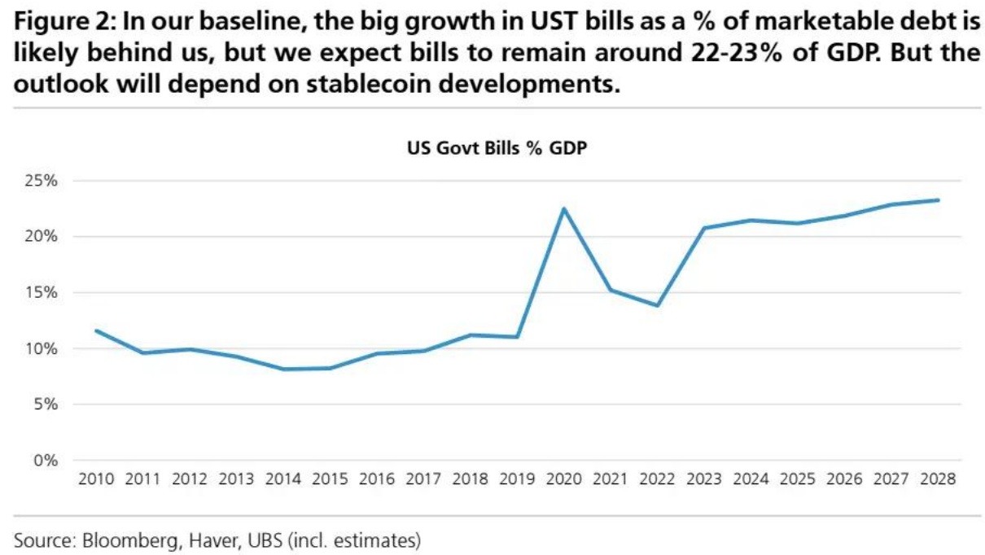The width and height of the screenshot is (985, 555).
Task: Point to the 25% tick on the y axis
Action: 40,181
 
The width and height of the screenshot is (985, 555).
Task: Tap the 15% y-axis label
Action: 40,293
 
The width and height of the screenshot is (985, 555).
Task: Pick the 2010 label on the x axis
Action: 97,479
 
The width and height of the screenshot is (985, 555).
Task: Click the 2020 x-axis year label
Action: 563,479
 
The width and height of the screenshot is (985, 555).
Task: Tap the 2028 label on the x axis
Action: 938,479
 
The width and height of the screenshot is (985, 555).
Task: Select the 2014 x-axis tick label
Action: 283,479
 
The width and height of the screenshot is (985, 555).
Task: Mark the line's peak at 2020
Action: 563,208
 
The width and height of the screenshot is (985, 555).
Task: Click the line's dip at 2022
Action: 657,305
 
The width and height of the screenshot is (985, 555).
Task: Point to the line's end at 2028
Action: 938,200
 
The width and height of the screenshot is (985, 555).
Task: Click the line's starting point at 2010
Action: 97,330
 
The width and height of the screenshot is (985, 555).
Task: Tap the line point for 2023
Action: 704,228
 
